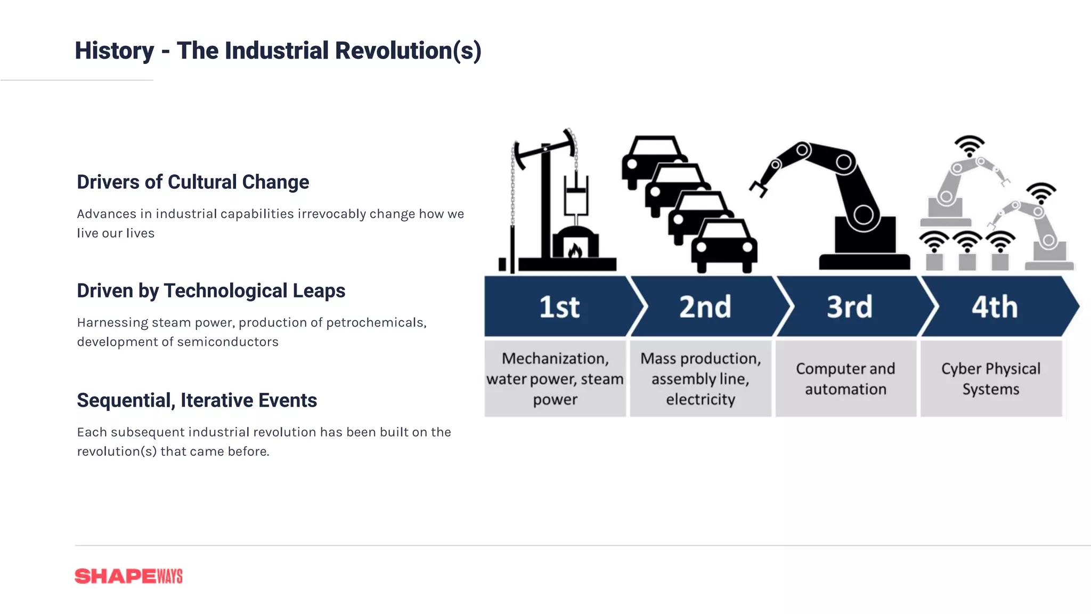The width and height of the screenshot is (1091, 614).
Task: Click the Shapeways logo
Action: [x=128, y=576]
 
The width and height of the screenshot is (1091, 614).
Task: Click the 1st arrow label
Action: [x=559, y=307]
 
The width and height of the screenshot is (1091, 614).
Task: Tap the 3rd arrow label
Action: [x=849, y=307]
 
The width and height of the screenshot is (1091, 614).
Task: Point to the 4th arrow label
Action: [x=994, y=307]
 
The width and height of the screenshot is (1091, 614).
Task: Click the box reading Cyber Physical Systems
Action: [x=990, y=378]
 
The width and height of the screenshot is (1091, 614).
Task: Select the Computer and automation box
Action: [x=845, y=378]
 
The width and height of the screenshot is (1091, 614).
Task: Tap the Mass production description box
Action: [x=700, y=378]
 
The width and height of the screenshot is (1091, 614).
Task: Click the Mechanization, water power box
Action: [x=555, y=378]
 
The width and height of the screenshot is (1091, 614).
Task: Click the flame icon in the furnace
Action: [x=574, y=250]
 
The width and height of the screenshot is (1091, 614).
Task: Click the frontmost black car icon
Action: [x=724, y=246]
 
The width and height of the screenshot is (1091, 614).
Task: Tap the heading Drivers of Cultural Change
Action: [x=193, y=182]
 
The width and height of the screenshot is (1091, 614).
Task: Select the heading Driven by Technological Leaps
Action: [x=211, y=291]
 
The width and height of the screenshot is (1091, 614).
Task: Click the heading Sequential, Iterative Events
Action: [x=197, y=400]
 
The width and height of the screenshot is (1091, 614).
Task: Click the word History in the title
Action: [x=114, y=51]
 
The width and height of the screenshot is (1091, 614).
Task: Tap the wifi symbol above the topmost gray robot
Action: [x=969, y=146]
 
